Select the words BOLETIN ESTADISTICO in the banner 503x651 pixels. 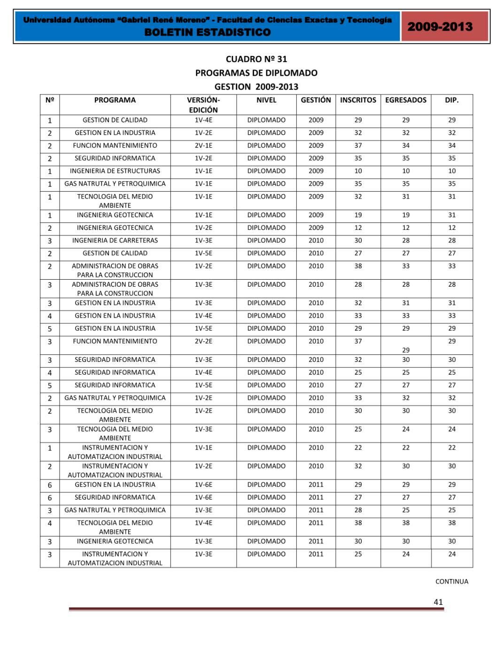pyautogui.click(x=208, y=32)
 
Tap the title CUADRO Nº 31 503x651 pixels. pyautogui.click(x=256, y=59)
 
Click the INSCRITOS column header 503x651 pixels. pyautogui.click(x=358, y=100)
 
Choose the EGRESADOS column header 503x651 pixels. pyautogui.click(x=406, y=100)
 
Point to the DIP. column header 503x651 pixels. pyautogui.click(x=451, y=100)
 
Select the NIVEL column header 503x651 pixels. pyautogui.click(x=266, y=100)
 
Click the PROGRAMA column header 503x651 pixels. pyautogui.click(x=115, y=100)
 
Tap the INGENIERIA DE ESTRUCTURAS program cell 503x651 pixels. pyautogui.click(x=115, y=171)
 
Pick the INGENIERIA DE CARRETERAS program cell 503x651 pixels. pyautogui.click(x=115, y=241)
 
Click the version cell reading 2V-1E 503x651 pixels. pyautogui.click(x=203, y=146)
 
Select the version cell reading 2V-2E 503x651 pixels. pyautogui.click(x=203, y=341)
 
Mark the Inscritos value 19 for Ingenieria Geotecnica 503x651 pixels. pyautogui.click(x=358, y=215)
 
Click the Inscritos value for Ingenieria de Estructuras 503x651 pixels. pyautogui.click(x=358, y=171)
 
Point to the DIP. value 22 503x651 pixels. pyautogui.click(x=451, y=448)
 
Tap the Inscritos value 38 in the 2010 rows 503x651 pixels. pyautogui.click(x=358, y=266)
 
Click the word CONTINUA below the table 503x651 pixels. pyautogui.click(x=451, y=581)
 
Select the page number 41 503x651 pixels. pyautogui.click(x=438, y=602)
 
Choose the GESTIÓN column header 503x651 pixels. pyautogui.click(x=316, y=100)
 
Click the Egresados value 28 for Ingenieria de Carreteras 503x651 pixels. pyautogui.click(x=406, y=241)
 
